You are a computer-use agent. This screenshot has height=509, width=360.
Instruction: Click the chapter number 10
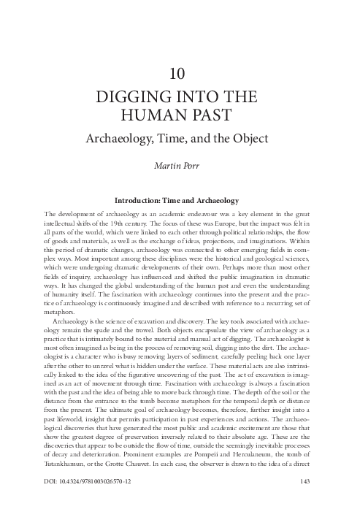[x=180, y=73]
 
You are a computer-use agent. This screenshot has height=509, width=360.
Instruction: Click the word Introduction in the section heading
[x=147, y=199]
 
